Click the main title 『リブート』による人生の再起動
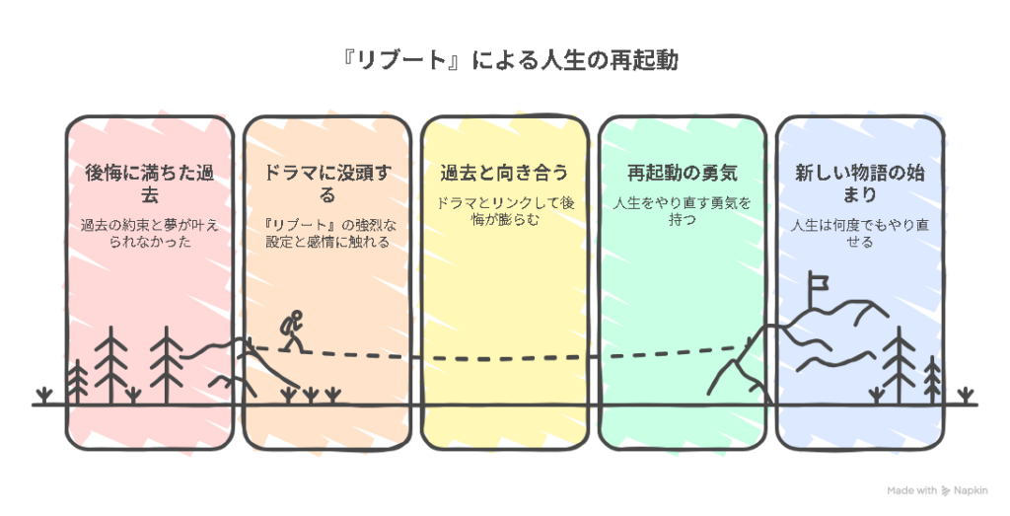505,61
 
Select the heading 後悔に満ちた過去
150,184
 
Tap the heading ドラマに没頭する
326,184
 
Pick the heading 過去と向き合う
504,173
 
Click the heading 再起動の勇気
682,173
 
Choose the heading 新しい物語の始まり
859,184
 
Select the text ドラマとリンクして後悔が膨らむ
504,211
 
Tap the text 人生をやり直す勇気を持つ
682,211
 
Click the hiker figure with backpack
291,330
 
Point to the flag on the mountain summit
815,283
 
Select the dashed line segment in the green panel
671,352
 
